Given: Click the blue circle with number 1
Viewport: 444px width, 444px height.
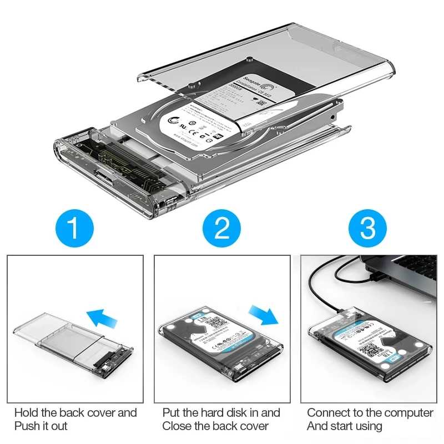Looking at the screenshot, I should click(75, 227).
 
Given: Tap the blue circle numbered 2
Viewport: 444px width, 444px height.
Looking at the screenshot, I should click(221, 227).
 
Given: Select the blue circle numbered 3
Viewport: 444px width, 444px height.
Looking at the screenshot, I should click(368, 227).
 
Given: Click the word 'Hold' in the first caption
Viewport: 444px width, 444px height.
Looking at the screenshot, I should click(27, 413).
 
